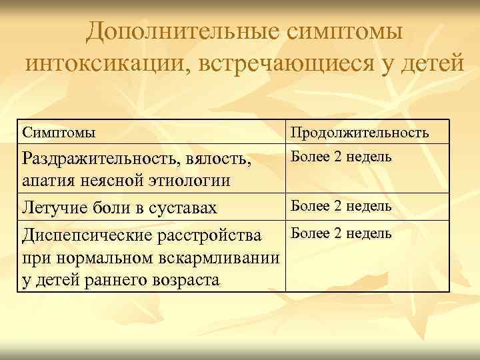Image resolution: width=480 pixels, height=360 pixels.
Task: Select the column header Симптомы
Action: (x=59, y=132)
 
